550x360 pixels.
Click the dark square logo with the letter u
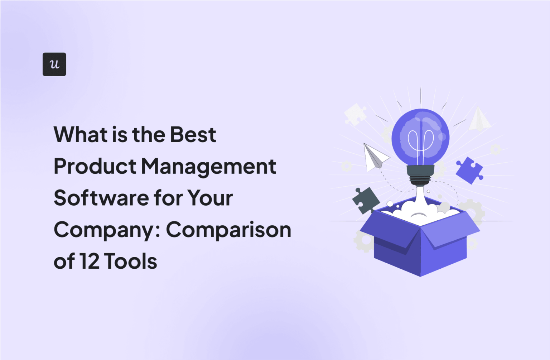tap(54, 64)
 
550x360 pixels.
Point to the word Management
tap(208, 167)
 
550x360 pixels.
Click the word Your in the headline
tap(210, 198)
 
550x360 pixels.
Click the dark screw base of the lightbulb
tap(420, 175)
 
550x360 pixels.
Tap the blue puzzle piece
tap(469, 170)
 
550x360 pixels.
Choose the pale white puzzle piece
tap(355, 114)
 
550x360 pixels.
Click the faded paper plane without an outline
tap(479, 119)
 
